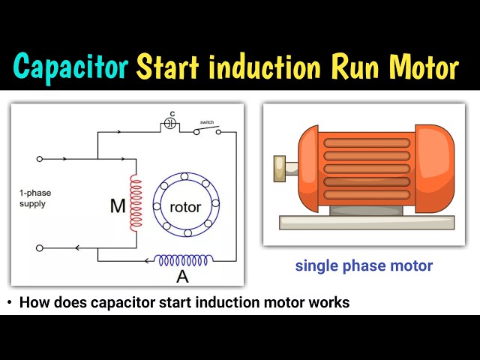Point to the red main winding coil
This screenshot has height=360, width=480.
point(136,203)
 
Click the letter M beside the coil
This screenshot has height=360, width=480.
point(118,205)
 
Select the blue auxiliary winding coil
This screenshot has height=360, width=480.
point(183,259)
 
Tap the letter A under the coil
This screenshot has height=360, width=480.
point(181,276)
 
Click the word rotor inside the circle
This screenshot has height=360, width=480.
point(184,206)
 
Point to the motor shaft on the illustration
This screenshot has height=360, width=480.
point(282,165)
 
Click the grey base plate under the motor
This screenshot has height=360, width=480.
point(366,221)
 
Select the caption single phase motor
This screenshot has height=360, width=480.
point(364,265)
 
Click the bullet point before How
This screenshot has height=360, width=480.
point(9,303)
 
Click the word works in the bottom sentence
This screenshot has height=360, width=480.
point(331,303)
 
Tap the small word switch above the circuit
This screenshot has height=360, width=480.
point(208,121)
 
